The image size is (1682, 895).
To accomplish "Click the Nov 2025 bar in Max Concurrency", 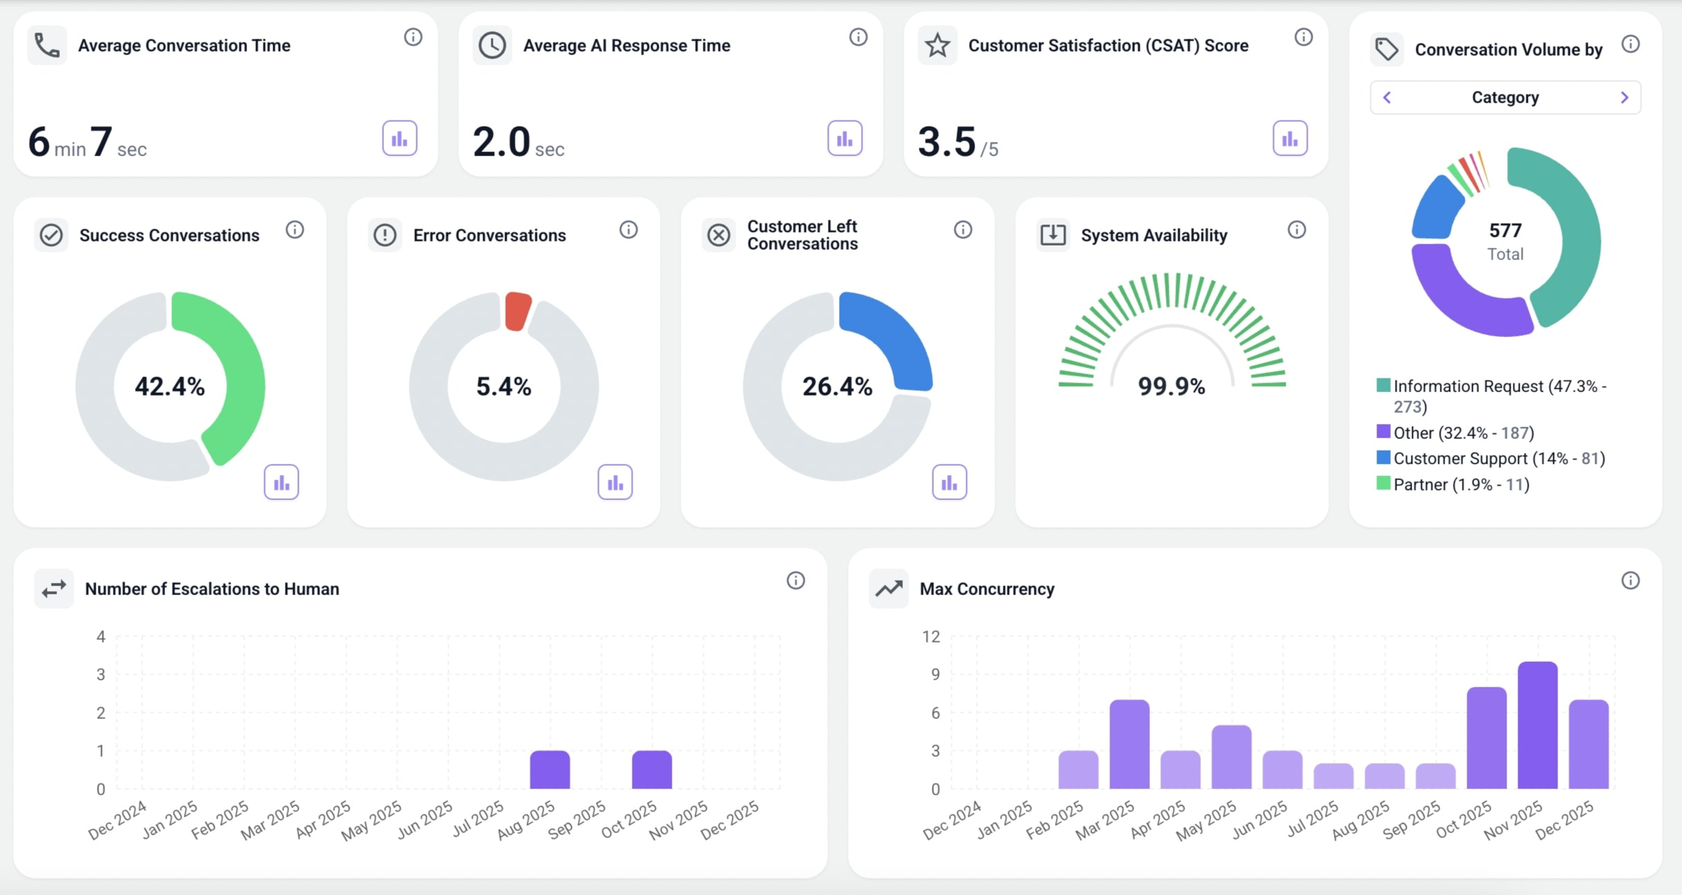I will pyautogui.click(x=1537, y=726).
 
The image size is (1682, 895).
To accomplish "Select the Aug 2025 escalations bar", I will pyautogui.click(x=549, y=770).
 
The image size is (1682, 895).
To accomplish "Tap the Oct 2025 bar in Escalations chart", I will pyautogui.click(x=652, y=770).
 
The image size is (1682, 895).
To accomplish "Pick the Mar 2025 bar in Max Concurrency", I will pyautogui.click(x=1129, y=744).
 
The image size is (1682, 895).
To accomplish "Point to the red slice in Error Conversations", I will pyautogui.click(x=517, y=310).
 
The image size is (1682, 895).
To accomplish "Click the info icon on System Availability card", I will pyautogui.click(x=1297, y=230).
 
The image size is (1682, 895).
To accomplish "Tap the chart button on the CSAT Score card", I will pyautogui.click(x=1290, y=139).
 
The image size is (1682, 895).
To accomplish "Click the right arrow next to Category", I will pyautogui.click(x=1625, y=98).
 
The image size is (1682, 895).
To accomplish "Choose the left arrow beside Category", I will pyautogui.click(x=1387, y=98).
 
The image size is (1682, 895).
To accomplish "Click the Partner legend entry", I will pyautogui.click(x=1460, y=484).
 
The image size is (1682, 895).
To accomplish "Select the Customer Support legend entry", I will pyautogui.click(x=1498, y=458).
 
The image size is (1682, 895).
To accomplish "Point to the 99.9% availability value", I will pyautogui.click(x=1171, y=387).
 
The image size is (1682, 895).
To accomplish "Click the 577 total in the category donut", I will pyautogui.click(x=1505, y=230).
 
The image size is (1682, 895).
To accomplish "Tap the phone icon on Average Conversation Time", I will pyautogui.click(x=47, y=45).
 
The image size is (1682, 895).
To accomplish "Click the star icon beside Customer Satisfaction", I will pyautogui.click(x=937, y=45).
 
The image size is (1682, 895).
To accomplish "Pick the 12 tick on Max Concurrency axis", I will pyautogui.click(x=930, y=637).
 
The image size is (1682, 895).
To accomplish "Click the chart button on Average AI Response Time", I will pyautogui.click(x=844, y=139).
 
